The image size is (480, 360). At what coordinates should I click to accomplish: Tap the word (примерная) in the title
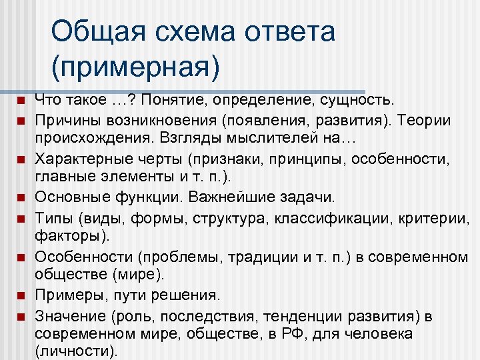point(134,66)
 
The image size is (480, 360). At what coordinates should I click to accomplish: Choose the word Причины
point(67,121)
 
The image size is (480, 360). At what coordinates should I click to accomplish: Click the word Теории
point(428,121)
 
